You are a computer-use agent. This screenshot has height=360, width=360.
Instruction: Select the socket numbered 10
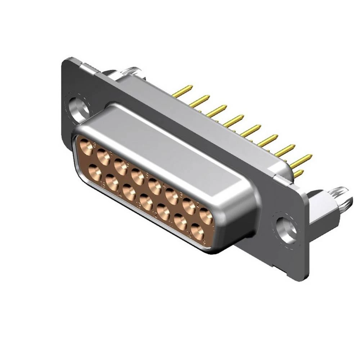[180, 222]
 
